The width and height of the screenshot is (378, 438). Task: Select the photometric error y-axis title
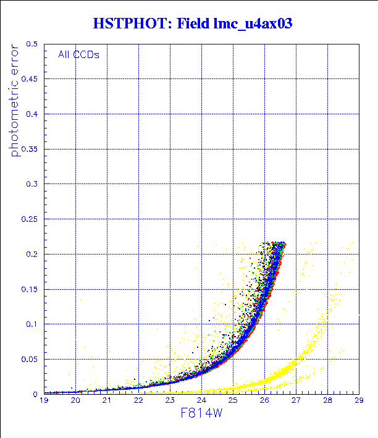click(15, 99)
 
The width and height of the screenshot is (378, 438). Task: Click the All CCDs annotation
click(78, 54)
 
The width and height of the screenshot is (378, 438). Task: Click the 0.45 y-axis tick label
click(29, 79)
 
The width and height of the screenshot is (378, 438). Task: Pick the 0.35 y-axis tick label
click(29, 149)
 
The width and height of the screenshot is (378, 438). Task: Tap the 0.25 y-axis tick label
click(29, 219)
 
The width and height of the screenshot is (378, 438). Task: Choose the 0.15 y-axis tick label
click(29, 288)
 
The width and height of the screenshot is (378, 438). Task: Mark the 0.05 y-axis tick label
click(29, 359)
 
